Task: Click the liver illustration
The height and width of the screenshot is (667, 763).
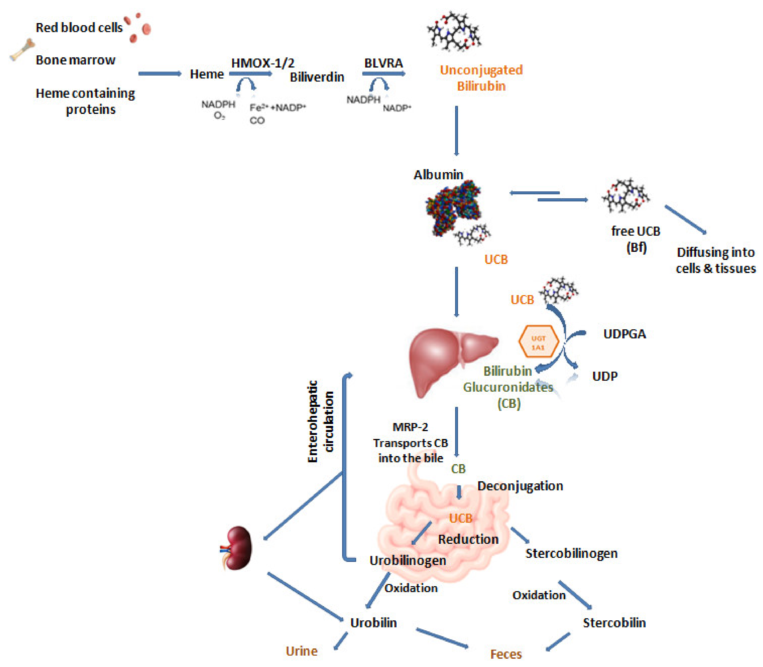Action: (443, 357)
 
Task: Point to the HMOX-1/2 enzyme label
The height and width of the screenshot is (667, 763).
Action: (262, 63)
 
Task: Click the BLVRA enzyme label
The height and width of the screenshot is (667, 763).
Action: (383, 63)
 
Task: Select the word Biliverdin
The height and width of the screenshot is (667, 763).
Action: (317, 77)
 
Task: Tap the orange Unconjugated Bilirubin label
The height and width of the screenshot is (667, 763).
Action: (481, 78)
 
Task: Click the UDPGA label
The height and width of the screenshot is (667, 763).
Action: (625, 334)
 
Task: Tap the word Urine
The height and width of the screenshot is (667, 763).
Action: (302, 651)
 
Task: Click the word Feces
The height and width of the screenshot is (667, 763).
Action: (506, 654)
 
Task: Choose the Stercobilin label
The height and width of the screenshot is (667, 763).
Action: (614, 623)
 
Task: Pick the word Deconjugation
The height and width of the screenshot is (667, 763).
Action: (520, 486)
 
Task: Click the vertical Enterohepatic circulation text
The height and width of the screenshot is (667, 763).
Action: (320, 421)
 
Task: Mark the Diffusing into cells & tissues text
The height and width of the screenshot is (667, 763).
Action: (715, 260)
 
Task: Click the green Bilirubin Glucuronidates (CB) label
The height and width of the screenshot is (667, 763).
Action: (508, 387)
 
